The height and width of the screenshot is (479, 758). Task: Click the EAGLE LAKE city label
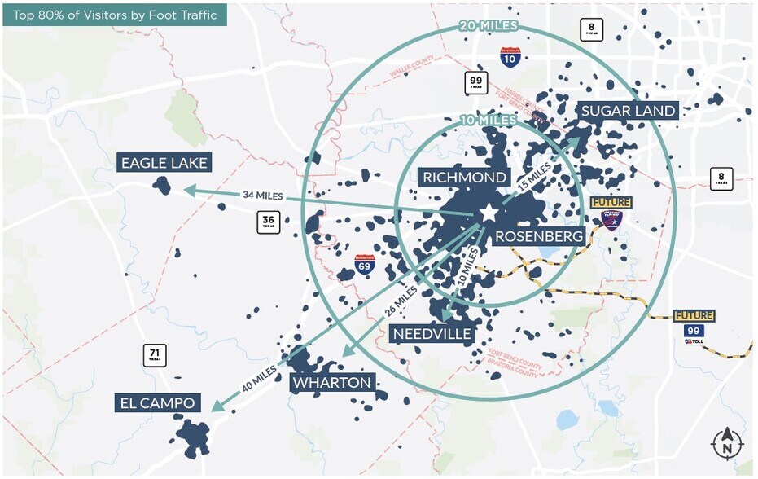tap(164, 163)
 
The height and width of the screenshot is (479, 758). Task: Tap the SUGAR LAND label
tap(628, 111)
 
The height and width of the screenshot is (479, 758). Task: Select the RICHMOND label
tap(464, 178)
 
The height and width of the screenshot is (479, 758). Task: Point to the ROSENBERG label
tap(539, 237)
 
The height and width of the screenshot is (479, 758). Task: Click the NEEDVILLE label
tap(432, 334)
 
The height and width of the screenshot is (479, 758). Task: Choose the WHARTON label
tap(331, 382)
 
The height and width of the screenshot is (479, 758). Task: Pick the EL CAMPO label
tap(156, 402)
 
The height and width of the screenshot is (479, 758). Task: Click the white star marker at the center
tap(489, 213)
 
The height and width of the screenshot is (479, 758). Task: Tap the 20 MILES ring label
tap(489, 26)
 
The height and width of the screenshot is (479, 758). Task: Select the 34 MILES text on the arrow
tap(262, 196)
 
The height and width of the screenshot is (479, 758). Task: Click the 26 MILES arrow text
tap(404, 302)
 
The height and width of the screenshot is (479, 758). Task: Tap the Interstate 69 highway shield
tap(366, 263)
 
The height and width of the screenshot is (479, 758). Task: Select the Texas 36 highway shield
tap(269, 222)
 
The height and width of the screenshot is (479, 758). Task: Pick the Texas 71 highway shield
tap(154, 356)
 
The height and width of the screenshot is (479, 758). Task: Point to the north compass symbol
tap(726, 444)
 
